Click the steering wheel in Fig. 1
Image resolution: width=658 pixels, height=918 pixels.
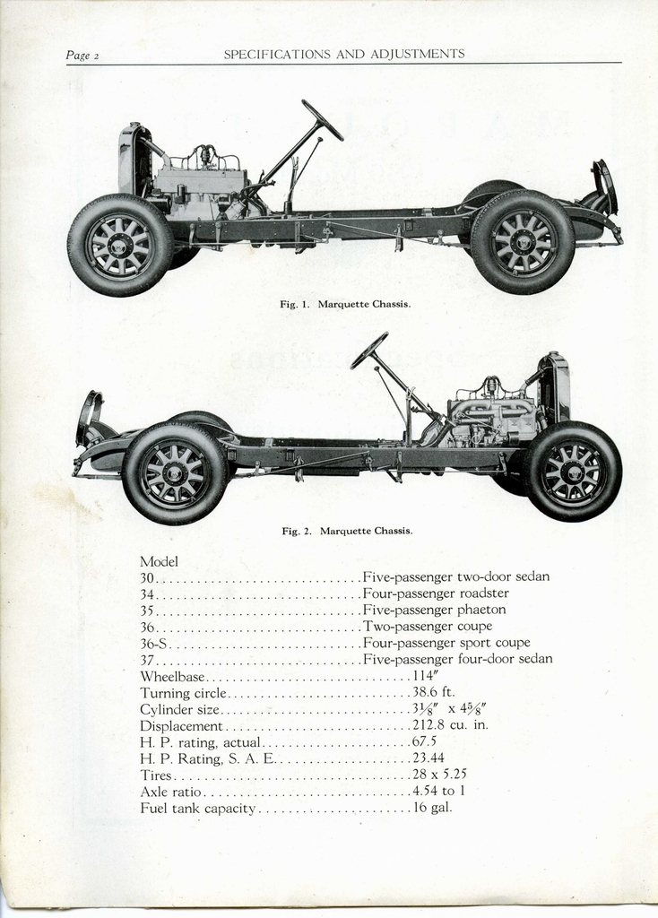pos(322,119)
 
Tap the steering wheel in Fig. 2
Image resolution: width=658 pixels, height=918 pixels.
pos(368,351)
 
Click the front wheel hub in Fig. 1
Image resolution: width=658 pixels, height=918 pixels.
pos(120,245)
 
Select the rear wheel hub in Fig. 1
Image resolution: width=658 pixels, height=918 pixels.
pos(523,242)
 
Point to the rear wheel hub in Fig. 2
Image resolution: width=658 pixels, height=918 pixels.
pos(175,473)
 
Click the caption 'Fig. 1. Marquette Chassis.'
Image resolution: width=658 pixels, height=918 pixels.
pos(345,304)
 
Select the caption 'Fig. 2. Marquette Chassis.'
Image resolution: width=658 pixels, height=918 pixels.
pos(347,531)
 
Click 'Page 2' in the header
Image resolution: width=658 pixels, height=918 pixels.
pos(82,56)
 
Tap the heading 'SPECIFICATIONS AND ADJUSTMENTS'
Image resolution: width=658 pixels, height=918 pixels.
pos(344,54)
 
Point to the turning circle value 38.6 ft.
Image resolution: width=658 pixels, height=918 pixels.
pos(434,692)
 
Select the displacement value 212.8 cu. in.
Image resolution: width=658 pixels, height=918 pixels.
pos(450,725)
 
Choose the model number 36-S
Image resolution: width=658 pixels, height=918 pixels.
pos(154,643)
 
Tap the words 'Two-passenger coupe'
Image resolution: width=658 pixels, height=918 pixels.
pos(428,626)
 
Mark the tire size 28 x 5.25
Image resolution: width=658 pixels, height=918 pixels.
pos(439,775)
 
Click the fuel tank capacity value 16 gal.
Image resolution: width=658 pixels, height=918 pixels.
pos(432,808)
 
